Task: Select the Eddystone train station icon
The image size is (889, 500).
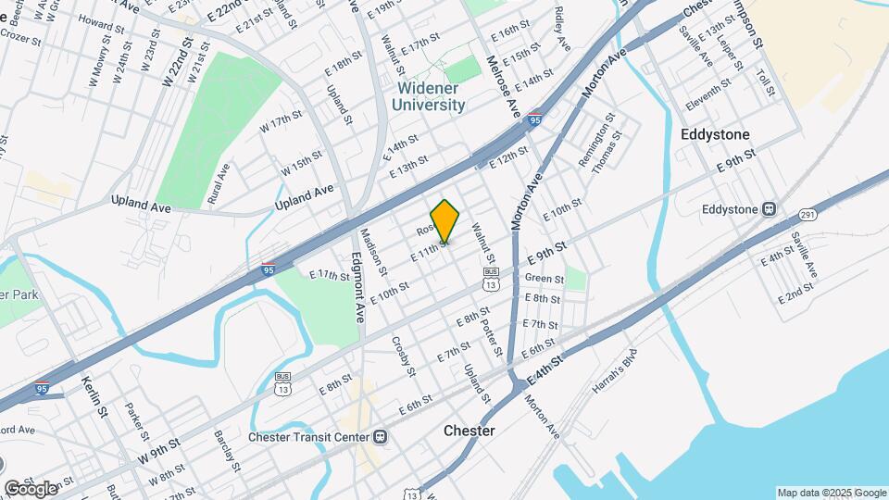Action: [x=769, y=208]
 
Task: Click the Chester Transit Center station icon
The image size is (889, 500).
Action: [x=381, y=437]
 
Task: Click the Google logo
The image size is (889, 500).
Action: [x=30, y=489]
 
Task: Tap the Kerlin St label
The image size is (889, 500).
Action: [x=96, y=395]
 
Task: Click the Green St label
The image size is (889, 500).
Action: [x=544, y=279]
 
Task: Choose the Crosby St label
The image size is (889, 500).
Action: [x=403, y=356]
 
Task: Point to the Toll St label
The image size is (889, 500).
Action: [x=764, y=82]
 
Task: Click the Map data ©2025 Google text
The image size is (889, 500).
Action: [x=832, y=493]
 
